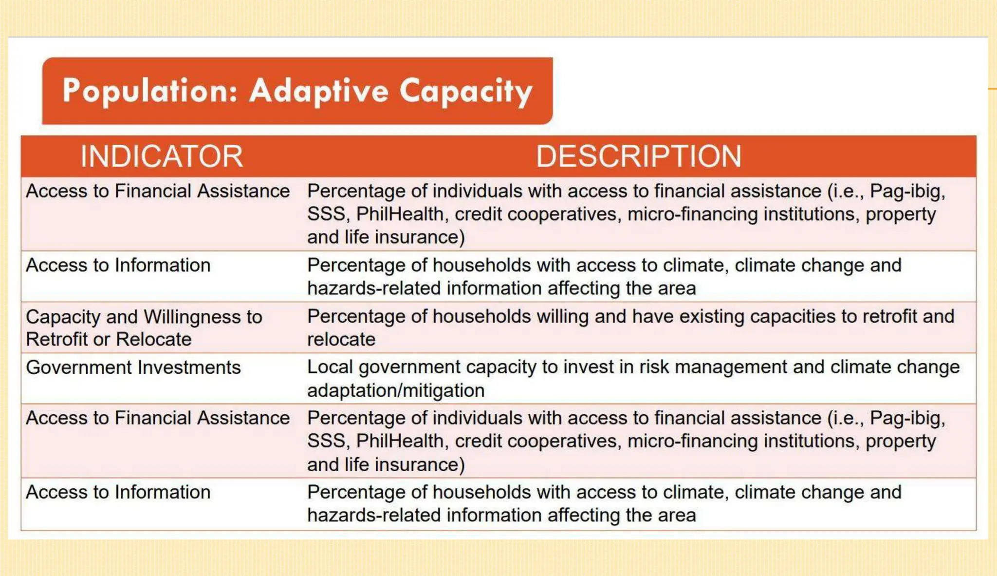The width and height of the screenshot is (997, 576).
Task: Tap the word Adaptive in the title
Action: point(319,91)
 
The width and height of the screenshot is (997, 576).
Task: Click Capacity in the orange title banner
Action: point(466,91)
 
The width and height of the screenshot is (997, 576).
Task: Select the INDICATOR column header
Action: point(161,156)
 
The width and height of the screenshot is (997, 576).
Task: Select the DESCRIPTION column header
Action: point(638,156)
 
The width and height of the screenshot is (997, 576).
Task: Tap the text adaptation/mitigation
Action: point(395,390)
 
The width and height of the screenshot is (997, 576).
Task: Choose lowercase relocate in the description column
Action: point(341,340)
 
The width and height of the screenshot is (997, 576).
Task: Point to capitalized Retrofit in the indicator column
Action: point(56,340)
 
